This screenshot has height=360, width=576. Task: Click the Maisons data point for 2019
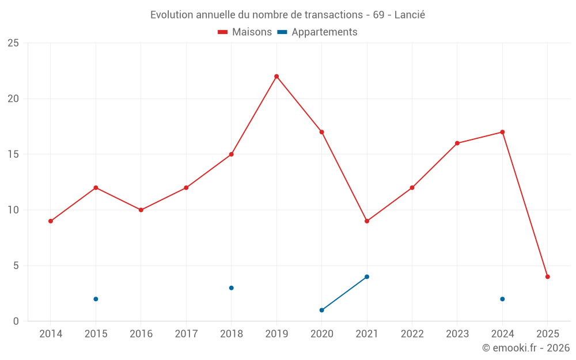(276, 77)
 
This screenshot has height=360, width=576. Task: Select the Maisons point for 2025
(547, 276)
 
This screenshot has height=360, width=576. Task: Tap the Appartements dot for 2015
(96, 299)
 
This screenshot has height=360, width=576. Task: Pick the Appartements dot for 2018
(231, 288)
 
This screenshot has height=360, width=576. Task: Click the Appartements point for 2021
(367, 276)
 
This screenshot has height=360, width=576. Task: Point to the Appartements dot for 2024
(502, 299)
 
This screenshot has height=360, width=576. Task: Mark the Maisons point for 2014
(51, 221)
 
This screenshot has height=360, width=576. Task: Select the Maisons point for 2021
(367, 221)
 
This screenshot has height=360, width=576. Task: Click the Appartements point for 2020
(321, 310)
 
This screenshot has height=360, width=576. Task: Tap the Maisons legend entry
(245, 32)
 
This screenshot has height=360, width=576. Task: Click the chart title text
(287, 15)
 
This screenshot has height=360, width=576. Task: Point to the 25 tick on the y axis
(13, 43)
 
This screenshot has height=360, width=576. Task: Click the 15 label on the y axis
(13, 154)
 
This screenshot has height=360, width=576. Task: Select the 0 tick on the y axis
(16, 321)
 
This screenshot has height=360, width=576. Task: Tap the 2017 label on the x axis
(186, 334)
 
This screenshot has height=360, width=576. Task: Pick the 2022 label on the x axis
(412, 334)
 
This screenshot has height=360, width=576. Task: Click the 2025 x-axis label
(547, 334)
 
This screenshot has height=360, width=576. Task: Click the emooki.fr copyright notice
(525, 348)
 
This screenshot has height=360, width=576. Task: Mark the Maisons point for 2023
(457, 143)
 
